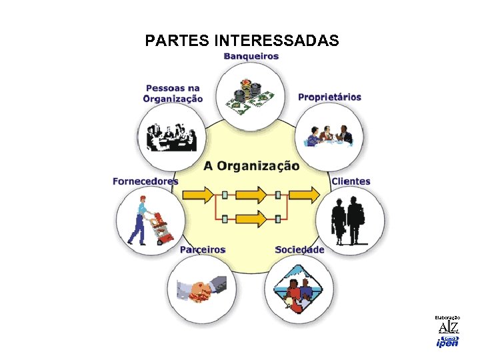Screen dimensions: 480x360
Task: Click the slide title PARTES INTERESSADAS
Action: point(241,41)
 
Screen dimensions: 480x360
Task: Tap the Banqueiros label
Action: point(251,57)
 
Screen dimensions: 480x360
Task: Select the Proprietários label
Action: point(329,97)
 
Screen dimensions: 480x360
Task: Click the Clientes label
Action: point(351,181)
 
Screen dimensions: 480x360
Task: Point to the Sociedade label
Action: point(299,250)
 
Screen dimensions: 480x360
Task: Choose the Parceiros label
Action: point(203,250)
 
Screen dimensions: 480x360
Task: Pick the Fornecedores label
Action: point(145,181)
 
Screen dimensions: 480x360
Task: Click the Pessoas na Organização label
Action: point(173,93)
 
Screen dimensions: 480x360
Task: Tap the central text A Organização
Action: point(251,165)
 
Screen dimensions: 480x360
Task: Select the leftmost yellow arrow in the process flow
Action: point(198,195)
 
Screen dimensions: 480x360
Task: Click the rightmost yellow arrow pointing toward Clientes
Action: point(306,195)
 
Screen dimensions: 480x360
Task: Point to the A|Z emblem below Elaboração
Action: point(448,327)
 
